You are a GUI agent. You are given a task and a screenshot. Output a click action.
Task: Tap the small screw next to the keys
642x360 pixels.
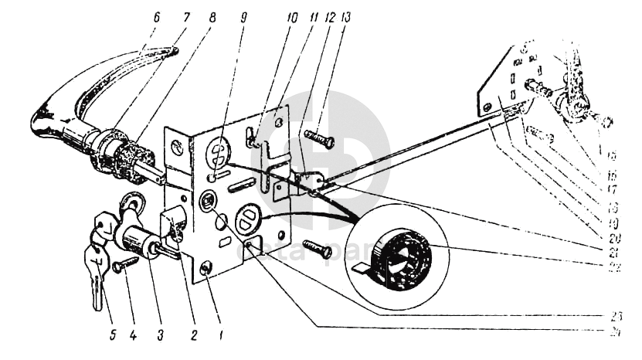click(x=124, y=264)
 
